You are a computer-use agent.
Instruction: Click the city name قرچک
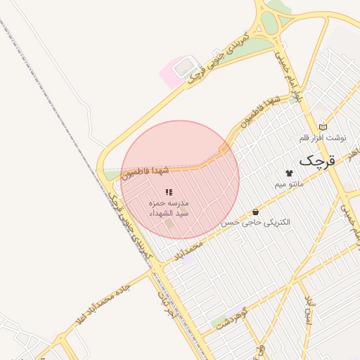(318, 160)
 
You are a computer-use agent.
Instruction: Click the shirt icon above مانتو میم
(288, 172)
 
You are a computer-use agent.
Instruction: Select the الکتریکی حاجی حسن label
(255, 222)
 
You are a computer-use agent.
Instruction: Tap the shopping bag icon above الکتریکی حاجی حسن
(255, 212)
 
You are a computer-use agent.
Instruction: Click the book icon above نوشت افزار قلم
(323, 127)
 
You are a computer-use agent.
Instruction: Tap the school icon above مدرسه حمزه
(169, 192)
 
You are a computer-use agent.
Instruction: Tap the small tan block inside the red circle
(169, 224)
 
